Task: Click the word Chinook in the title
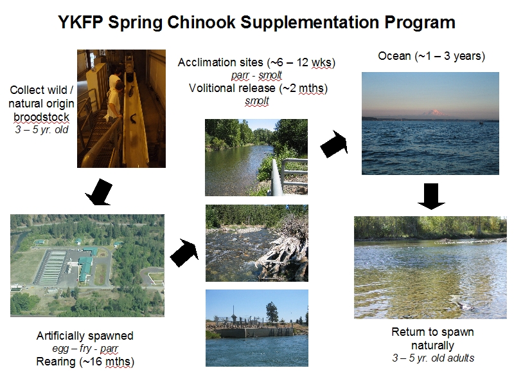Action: (x=202, y=23)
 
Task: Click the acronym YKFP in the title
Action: (x=81, y=23)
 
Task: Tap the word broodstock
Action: (x=41, y=117)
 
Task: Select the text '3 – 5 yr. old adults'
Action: (x=433, y=358)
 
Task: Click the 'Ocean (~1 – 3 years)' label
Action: (x=431, y=56)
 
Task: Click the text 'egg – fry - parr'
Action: (x=85, y=348)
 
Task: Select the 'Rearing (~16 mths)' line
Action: (x=85, y=362)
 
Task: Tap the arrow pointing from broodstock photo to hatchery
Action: (x=100, y=192)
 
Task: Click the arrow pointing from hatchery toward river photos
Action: (x=184, y=253)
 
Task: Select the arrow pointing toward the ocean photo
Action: (x=334, y=143)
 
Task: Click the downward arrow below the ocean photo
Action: (x=431, y=196)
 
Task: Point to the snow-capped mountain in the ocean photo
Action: (x=434, y=113)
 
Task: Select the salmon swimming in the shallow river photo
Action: (x=463, y=304)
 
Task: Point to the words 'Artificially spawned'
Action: (x=85, y=336)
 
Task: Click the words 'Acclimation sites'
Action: (x=220, y=62)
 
